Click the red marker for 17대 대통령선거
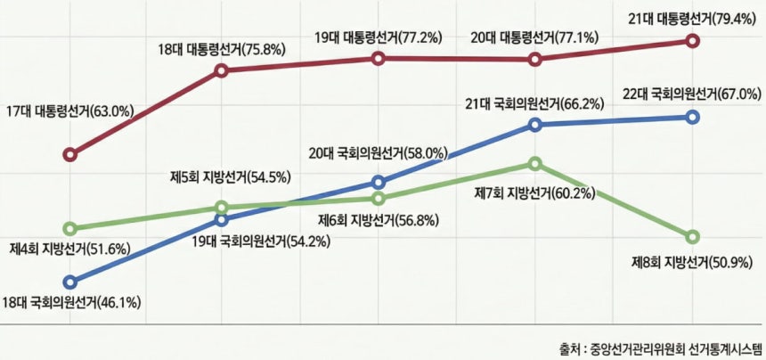[70, 154]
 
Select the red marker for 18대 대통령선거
[222, 71]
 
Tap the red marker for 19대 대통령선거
[379, 59]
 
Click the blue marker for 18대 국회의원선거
[70, 281]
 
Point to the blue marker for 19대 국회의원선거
[222, 218]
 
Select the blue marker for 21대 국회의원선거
[534, 124]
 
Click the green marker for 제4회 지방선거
[70, 229]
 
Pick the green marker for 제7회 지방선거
[534, 163]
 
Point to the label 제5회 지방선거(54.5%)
[231, 176]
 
